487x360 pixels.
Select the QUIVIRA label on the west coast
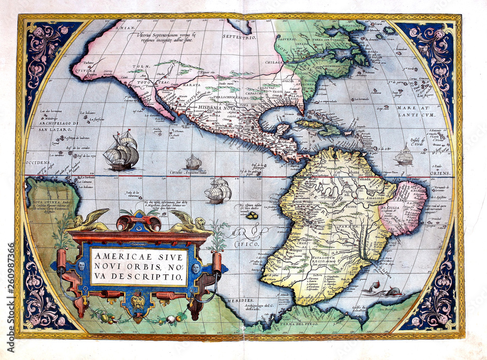(83, 70)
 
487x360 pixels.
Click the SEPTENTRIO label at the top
(239, 37)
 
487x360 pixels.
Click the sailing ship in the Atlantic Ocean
(404, 155)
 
